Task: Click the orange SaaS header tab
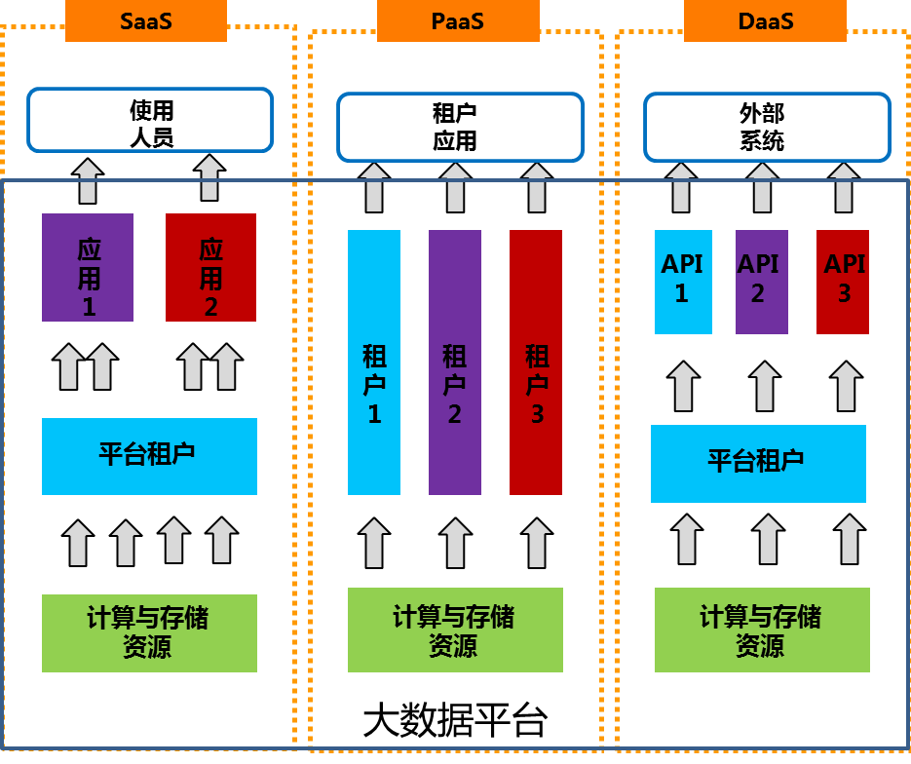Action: tap(146, 20)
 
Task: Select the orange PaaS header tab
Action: tap(458, 20)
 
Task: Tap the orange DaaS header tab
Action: tap(765, 20)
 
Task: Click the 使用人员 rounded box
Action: tap(150, 121)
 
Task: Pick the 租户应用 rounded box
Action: tap(460, 127)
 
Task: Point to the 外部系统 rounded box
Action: tap(767, 127)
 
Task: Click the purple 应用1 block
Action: tap(88, 267)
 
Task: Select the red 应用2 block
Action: tap(210, 267)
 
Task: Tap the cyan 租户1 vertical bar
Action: tap(374, 363)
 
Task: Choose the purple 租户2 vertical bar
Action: tap(455, 363)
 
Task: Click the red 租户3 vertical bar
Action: tap(536, 363)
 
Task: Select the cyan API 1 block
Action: tap(683, 282)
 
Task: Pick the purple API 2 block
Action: tap(762, 282)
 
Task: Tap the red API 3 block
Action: tap(843, 282)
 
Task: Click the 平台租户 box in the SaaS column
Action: tap(149, 456)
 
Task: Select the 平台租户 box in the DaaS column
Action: tap(758, 463)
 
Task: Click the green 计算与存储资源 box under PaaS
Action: tap(455, 630)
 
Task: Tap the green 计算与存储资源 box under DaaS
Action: tap(762, 630)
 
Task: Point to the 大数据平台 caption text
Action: tap(455, 722)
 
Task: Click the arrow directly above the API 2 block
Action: tap(763, 187)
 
